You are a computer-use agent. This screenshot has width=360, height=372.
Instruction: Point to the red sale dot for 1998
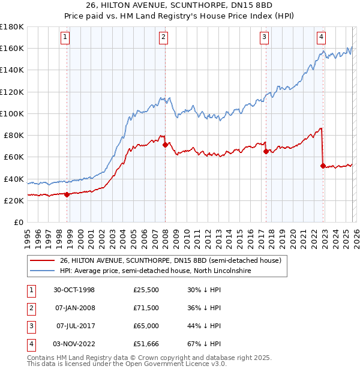point(67,194)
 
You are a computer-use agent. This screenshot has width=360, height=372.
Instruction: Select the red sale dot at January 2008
point(164,145)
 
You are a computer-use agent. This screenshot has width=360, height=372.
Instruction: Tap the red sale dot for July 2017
point(265,152)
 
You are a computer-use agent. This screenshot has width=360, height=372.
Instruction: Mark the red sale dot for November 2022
point(322,166)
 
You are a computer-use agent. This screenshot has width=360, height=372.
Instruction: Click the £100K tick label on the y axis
point(12,113)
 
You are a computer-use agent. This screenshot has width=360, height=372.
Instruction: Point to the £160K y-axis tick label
point(12,48)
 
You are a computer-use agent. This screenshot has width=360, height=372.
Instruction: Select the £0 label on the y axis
point(19,223)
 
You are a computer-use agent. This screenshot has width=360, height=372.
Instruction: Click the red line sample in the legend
point(43,260)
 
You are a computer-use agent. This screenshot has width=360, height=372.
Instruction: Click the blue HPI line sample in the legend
point(43,271)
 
